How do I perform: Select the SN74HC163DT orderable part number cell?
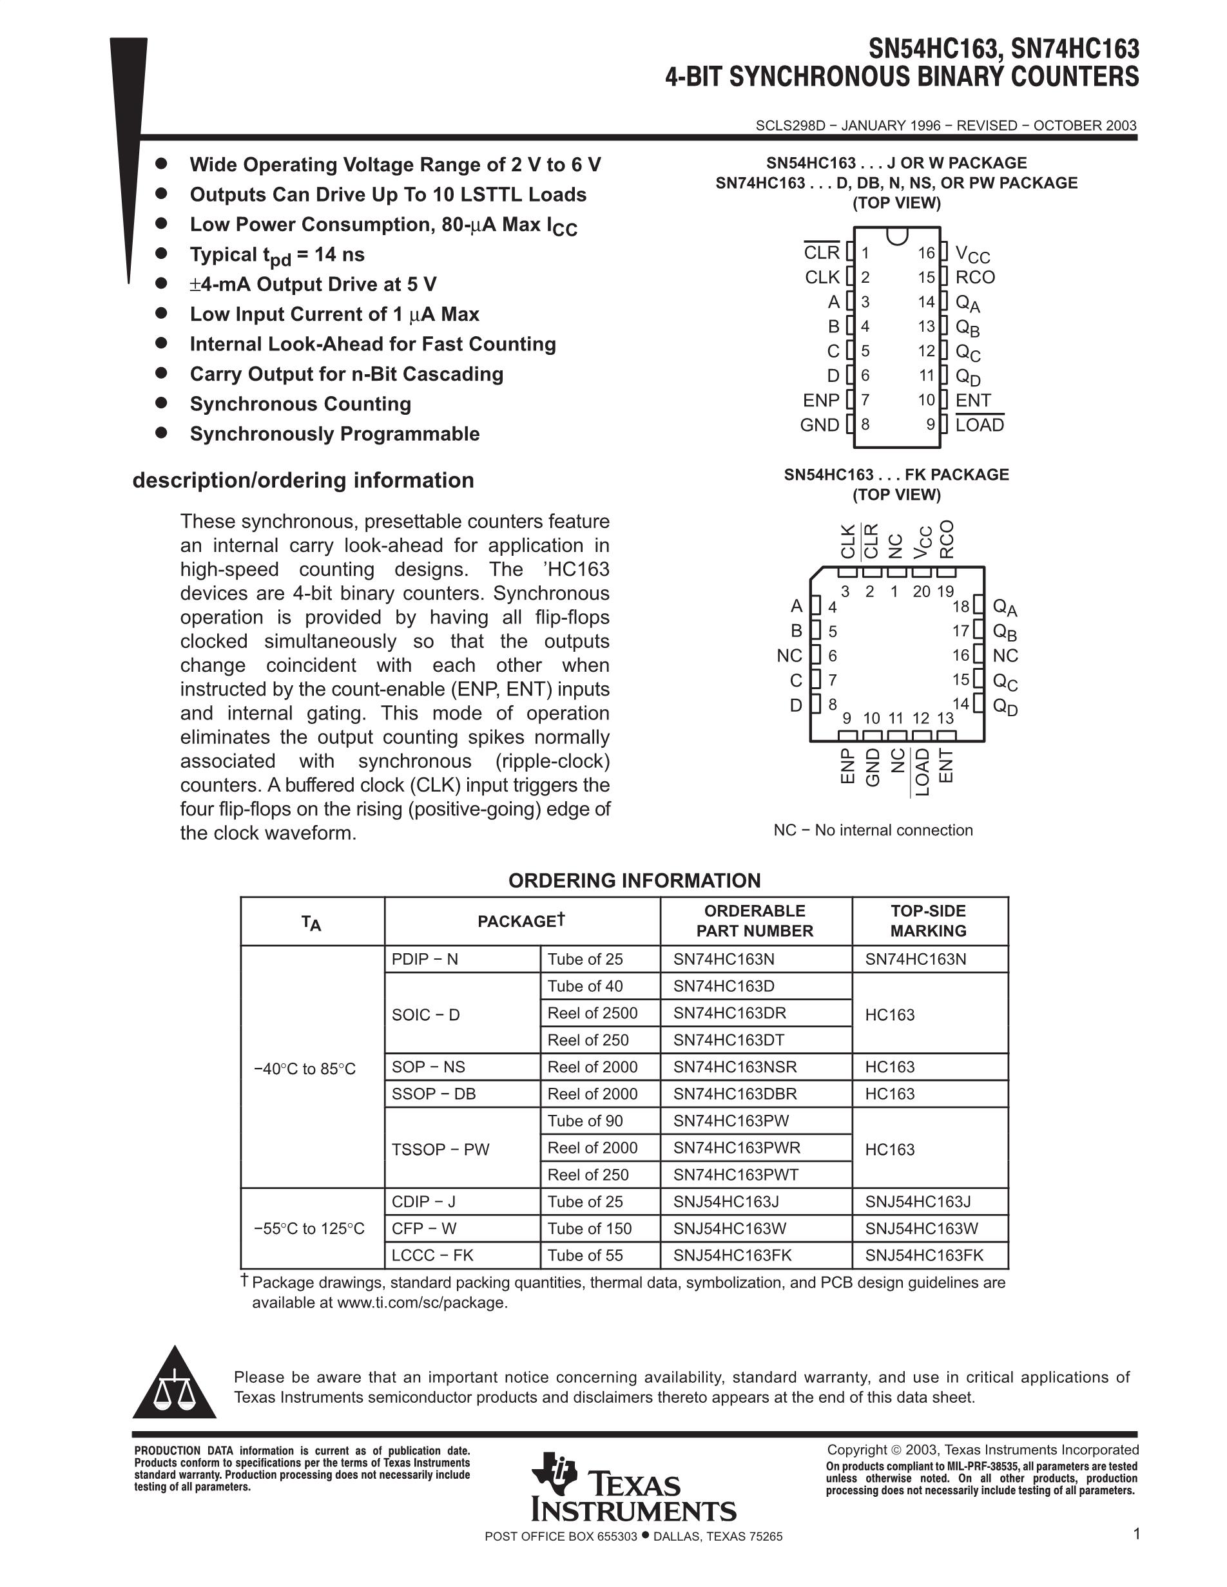[x=728, y=1040]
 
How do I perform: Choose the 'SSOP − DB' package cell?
[x=434, y=1094]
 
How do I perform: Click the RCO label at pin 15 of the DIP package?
[x=975, y=277]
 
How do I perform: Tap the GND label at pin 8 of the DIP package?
[x=819, y=424]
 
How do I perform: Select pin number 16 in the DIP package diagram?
[x=925, y=253]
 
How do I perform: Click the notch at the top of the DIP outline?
[x=897, y=234]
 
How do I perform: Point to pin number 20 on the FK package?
[x=921, y=591]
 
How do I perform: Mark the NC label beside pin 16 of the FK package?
[x=1005, y=656]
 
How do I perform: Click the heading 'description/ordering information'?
[x=303, y=480]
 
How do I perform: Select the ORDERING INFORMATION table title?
[x=634, y=880]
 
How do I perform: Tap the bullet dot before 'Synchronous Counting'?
[x=161, y=403]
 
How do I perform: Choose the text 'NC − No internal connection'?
[x=873, y=830]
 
